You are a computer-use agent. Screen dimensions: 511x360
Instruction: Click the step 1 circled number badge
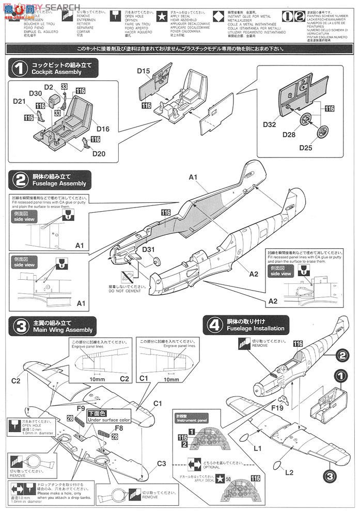point(19,69)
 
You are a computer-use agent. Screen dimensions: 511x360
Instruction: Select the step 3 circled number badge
point(19,326)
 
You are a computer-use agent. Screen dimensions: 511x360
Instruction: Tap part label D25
point(307,149)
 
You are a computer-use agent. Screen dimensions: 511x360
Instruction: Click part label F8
point(119,428)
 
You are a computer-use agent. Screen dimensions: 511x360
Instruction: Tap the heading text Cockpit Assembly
point(56,72)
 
